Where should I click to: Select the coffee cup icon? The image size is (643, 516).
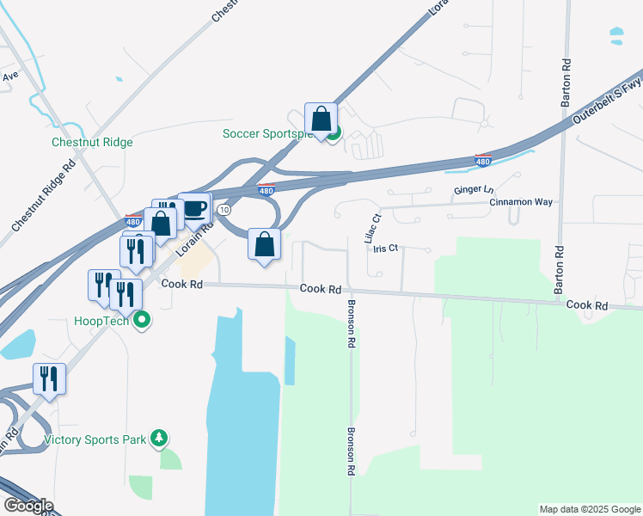click(x=195, y=209)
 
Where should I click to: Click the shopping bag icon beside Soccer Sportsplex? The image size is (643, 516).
click(x=321, y=120)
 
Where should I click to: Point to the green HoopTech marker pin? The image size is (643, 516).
click(x=144, y=321)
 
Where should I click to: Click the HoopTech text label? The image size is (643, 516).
click(x=101, y=321)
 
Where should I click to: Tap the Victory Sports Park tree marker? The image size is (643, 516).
click(x=158, y=439)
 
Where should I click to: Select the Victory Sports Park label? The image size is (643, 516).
click(x=95, y=439)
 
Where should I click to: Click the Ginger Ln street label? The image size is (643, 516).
click(x=475, y=189)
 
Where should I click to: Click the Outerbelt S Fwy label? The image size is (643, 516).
click(x=607, y=101)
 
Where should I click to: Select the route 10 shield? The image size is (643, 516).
click(x=224, y=210)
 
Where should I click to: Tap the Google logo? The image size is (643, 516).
click(x=28, y=506)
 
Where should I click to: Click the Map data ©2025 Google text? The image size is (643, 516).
click(x=588, y=509)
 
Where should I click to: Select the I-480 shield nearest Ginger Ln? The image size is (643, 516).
click(x=483, y=160)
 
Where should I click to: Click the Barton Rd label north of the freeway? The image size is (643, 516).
click(x=566, y=82)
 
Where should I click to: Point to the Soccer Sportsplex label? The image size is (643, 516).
click(x=268, y=133)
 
